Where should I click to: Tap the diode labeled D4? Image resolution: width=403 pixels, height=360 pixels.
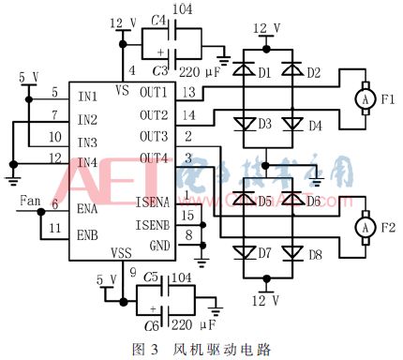click(290, 125)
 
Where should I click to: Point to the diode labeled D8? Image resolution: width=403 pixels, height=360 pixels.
click(290, 252)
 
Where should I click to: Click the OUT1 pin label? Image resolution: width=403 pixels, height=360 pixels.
click(155, 92)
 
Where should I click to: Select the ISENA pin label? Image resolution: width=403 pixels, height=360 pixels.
click(152, 202)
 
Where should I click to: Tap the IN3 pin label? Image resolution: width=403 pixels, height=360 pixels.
click(88, 142)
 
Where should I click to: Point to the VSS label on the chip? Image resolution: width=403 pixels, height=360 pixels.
click(122, 253)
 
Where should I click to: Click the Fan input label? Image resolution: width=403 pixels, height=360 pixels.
click(29, 201)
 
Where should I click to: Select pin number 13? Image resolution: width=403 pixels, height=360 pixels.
click(189, 92)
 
